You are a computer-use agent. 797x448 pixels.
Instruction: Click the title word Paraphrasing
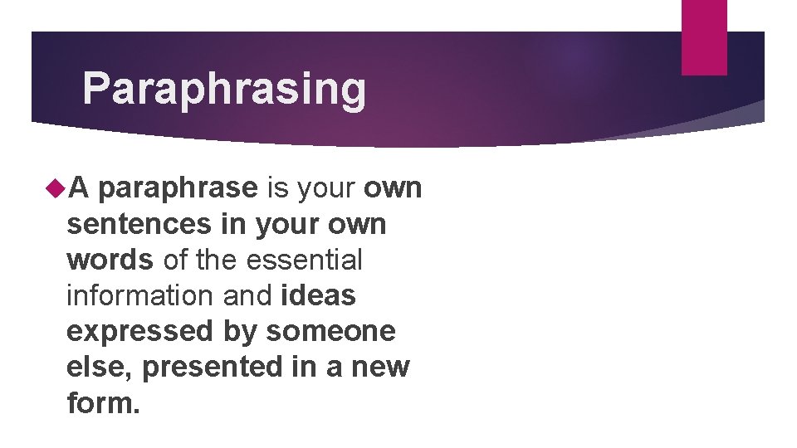tap(224, 90)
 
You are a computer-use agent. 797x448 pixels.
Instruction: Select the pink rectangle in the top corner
tap(703, 37)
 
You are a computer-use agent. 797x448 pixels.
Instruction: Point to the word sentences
tap(137, 224)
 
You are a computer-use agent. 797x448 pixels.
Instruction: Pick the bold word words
tap(110, 260)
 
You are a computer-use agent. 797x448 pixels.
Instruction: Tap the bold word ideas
tap(319, 295)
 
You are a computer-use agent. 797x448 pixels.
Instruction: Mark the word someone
tap(330, 331)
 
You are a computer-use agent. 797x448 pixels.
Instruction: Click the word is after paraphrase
tap(276, 189)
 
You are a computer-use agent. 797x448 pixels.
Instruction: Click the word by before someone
tap(240, 331)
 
